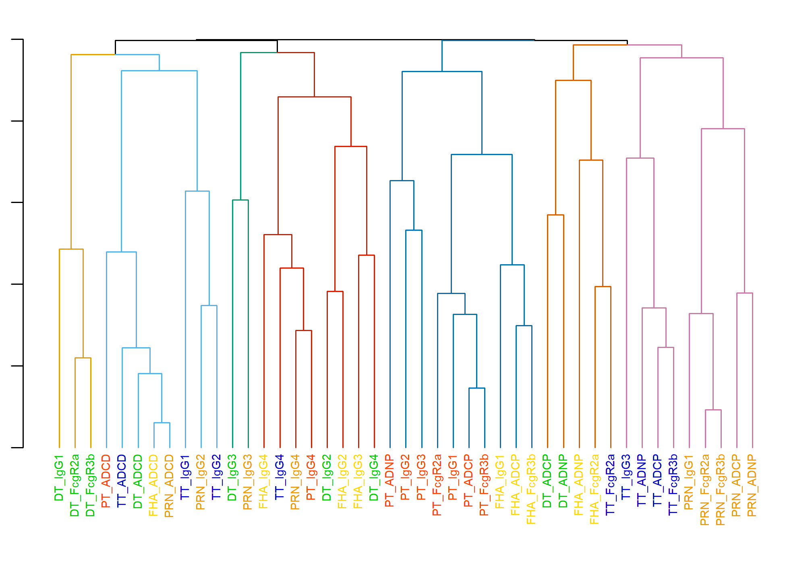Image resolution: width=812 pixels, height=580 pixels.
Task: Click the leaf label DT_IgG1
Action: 59,478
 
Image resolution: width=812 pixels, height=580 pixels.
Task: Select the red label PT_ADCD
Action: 106,481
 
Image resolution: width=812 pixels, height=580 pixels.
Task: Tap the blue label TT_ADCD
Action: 122,481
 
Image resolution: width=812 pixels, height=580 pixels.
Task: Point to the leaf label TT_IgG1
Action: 185,478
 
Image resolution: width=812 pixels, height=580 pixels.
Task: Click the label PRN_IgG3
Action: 248,482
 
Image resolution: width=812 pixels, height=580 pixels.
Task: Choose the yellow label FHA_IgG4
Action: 264,482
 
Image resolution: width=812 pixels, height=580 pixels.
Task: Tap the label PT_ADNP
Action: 390,481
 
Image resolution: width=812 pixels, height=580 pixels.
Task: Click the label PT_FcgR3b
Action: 485,485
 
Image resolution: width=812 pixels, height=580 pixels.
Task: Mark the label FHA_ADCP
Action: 516,485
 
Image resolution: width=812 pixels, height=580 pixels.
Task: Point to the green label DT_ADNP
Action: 563,481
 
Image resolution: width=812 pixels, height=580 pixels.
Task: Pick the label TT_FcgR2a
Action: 611,485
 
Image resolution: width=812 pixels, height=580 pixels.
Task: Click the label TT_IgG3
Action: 626,477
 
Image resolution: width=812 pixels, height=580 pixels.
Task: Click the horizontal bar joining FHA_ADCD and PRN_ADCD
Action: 162,423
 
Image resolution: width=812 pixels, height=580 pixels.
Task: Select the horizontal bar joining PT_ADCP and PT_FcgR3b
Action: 477,388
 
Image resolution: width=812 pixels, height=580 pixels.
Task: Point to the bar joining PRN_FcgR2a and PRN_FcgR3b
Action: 713,410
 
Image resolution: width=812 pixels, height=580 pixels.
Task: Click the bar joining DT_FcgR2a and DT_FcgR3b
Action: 83,358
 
